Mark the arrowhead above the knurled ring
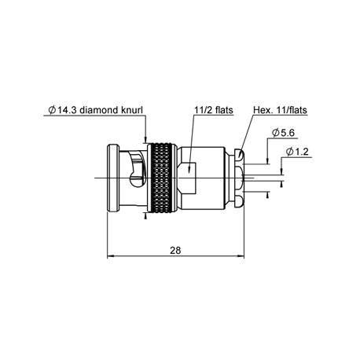146,138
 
